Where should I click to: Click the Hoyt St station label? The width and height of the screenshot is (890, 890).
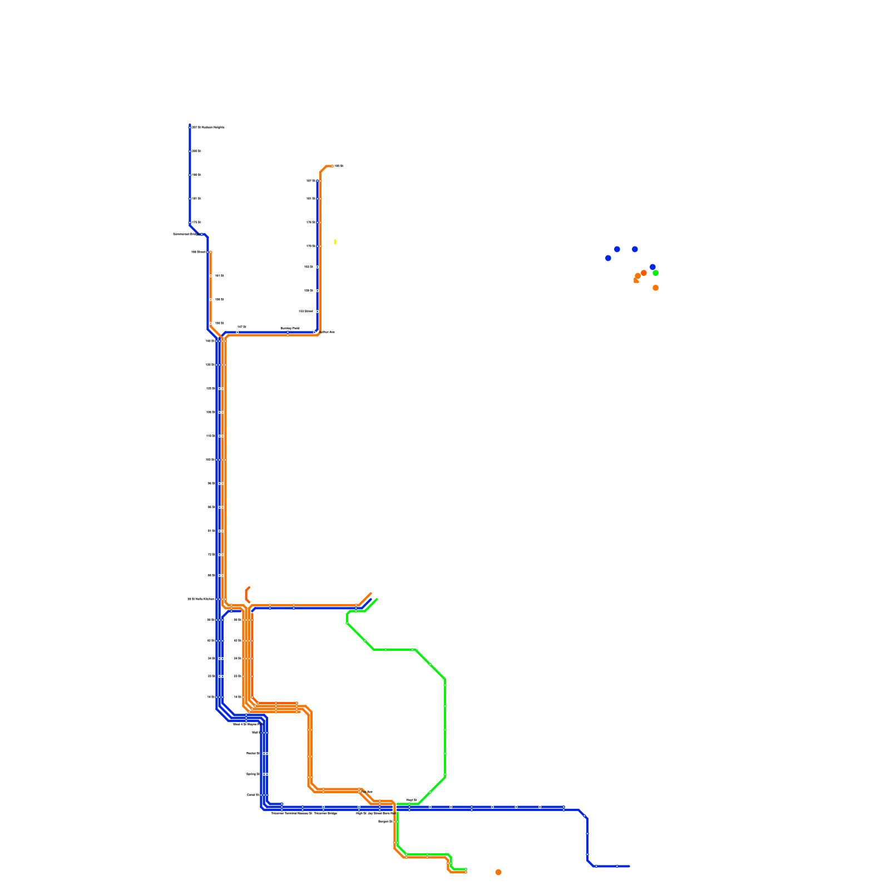(x=412, y=800)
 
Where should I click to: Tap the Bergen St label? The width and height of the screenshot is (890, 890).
(x=385, y=821)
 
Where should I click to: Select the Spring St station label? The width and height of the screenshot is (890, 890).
(x=253, y=774)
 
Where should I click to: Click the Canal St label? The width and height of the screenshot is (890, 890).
(x=253, y=794)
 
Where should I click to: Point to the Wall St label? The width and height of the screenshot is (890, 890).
(x=255, y=732)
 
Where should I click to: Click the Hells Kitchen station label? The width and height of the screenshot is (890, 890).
(x=201, y=599)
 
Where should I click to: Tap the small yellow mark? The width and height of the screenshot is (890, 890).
(x=335, y=242)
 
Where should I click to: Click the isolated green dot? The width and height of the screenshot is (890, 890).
(x=655, y=273)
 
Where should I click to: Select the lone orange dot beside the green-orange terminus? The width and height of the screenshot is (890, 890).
(x=498, y=872)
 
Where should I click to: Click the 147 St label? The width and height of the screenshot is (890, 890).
(x=241, y=327)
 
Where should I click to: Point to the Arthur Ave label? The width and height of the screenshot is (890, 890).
(x=328, y=332)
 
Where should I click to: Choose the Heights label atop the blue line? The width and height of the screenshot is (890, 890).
(x=208, y=127)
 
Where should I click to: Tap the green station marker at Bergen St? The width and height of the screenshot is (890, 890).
(x=398, y=822)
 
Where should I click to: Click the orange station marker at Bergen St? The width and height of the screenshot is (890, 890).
(x=394, y=822)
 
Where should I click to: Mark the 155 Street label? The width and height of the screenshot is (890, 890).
(x=199, y=252)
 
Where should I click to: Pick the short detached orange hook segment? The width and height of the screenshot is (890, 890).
(x=247, y=594)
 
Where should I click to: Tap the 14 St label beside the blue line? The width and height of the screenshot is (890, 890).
(x=211, y=696)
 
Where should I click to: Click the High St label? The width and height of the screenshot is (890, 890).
(x=361, y=813)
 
